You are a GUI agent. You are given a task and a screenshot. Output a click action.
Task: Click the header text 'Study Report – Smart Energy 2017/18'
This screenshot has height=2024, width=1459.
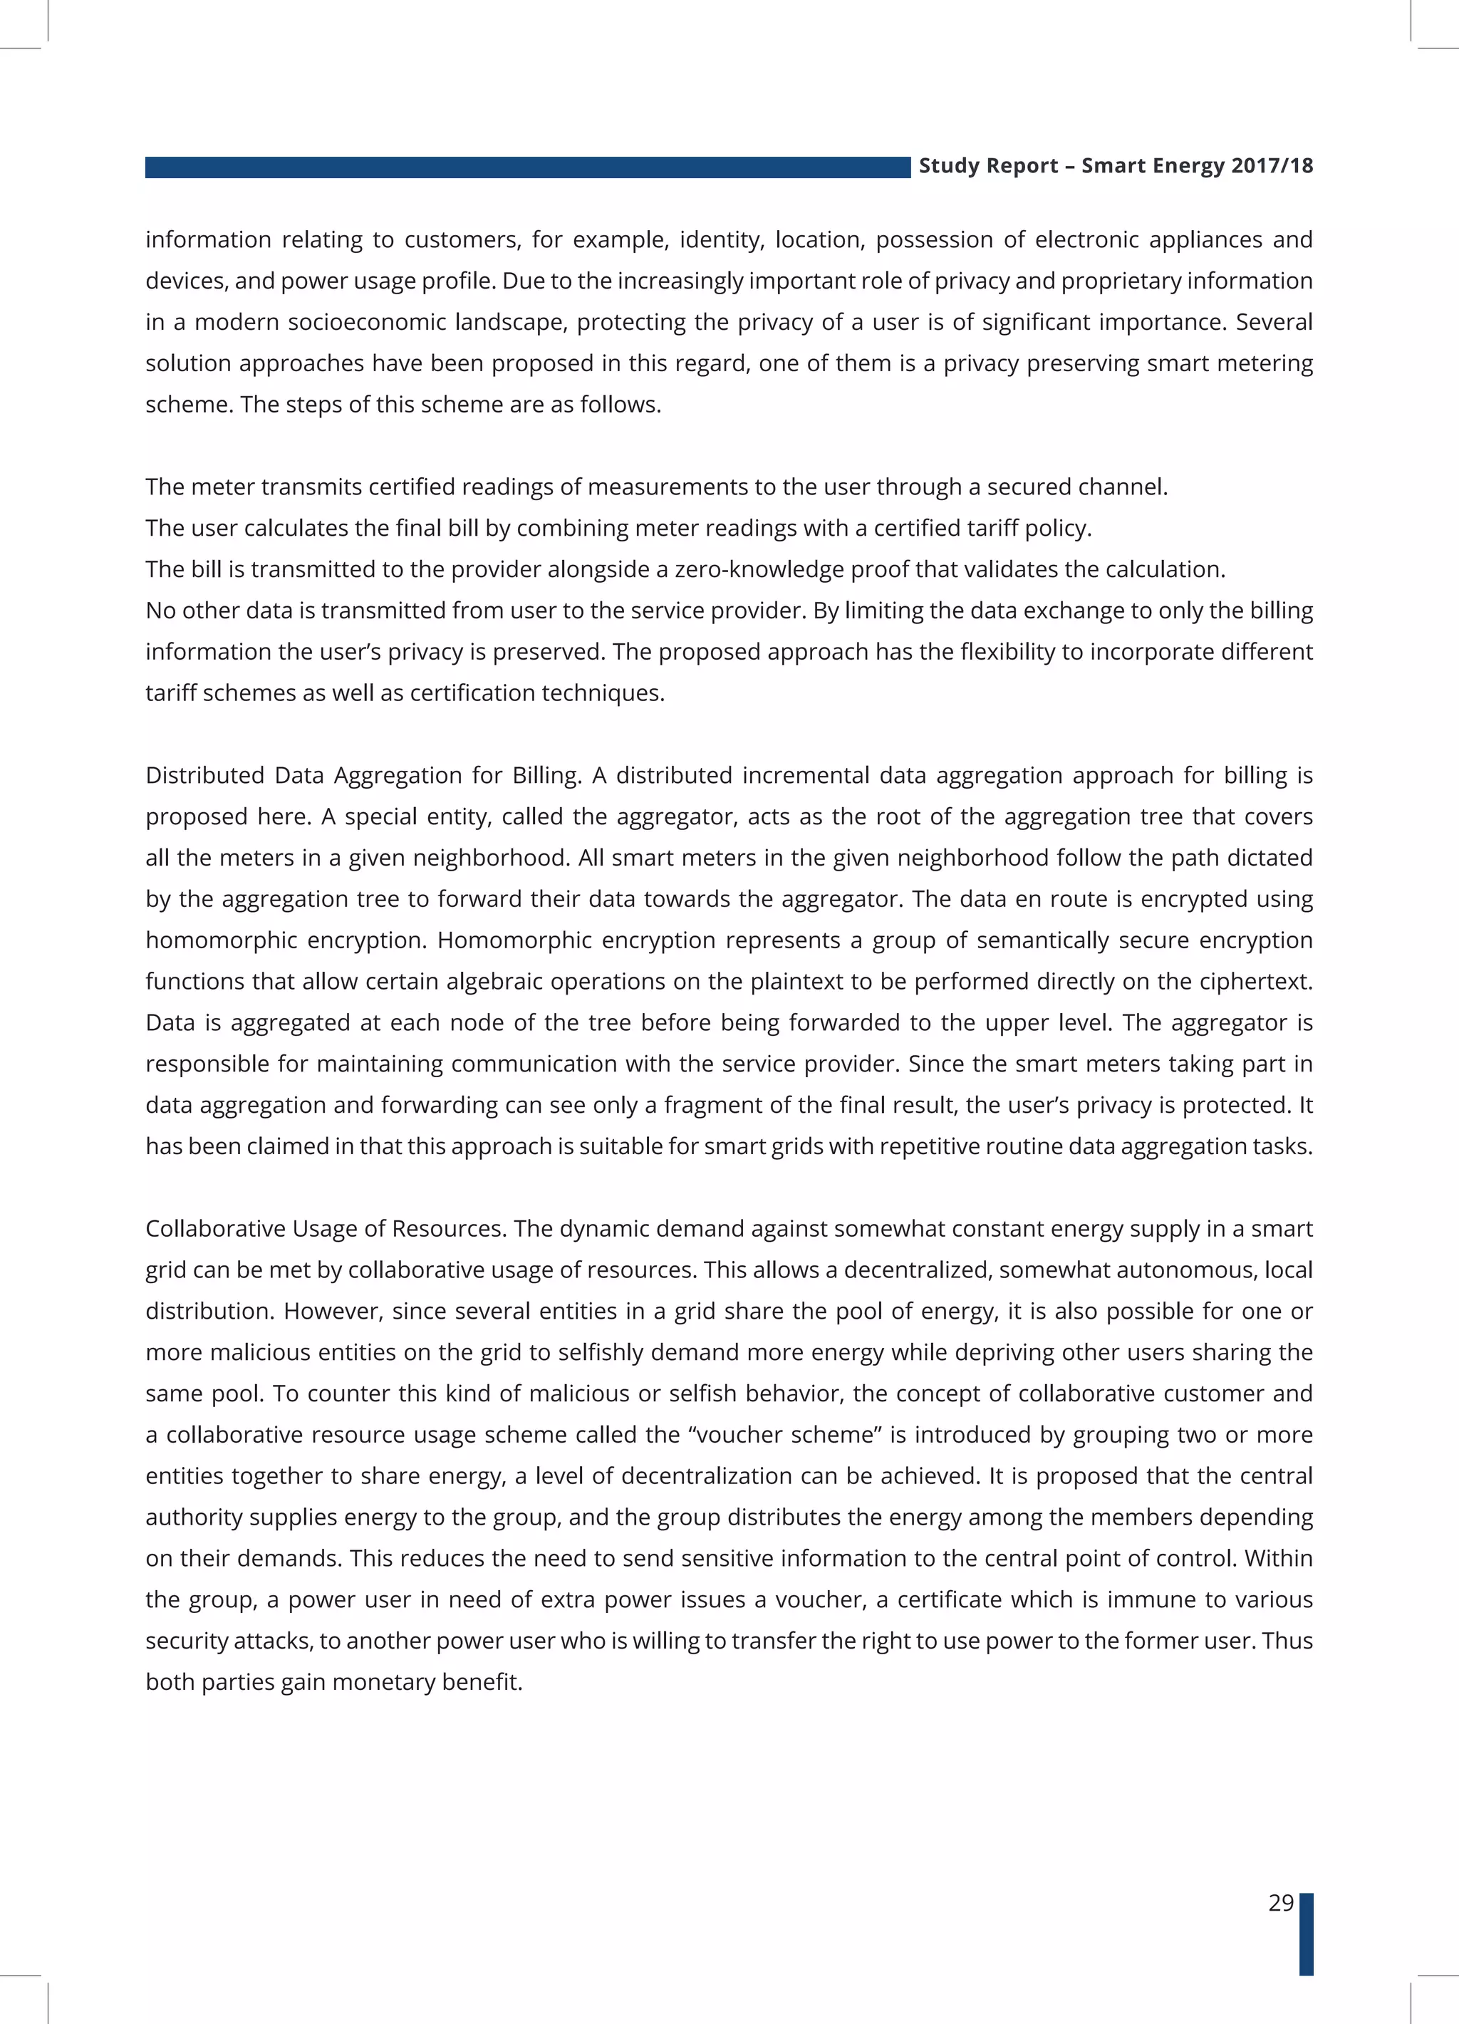[1116, 166]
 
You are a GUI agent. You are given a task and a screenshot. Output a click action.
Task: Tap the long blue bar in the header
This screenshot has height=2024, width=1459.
[526, 167]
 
